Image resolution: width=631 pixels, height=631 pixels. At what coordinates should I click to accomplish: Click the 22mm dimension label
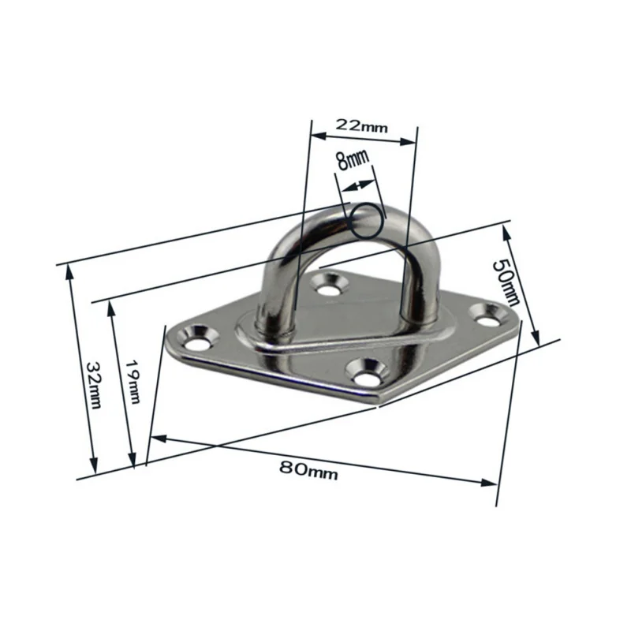click(x=361, y=125)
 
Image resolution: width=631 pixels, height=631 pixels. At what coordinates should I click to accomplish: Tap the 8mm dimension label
click(x=353, y=159)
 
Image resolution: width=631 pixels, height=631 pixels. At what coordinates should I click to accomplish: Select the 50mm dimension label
click(x=506, y=282)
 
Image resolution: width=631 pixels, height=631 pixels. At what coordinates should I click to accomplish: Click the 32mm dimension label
click(x=94, y=385)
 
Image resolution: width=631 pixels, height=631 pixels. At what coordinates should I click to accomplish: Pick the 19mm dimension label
click(x=133, y=381)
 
